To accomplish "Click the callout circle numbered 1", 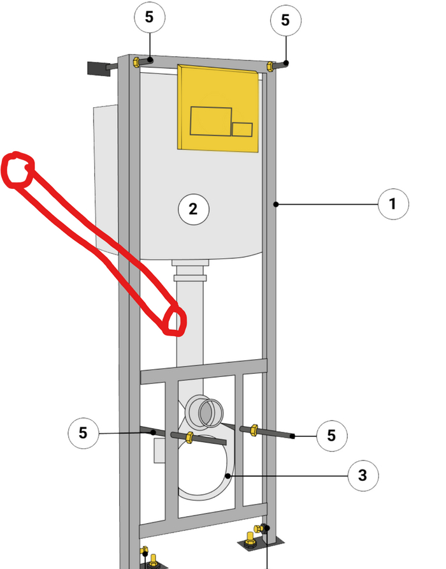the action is coord(393,204).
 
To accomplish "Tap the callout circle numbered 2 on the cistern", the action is coord(193,209).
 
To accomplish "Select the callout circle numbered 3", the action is coord(363,475).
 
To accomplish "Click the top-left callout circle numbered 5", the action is coord(149,17).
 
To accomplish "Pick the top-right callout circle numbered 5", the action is coord(285,20).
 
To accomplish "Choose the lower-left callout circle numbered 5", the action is coord(83,433).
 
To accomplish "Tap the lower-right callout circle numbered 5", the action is coord(331,436).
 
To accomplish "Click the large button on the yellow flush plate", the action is coord(211,121).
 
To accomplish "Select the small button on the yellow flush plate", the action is coord(242,129).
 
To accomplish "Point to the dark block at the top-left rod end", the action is coord(99,69).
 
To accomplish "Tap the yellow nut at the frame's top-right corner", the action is coord(270,67).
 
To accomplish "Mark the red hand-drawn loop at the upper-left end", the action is coord(18,170).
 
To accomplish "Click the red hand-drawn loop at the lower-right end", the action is coord(175,320).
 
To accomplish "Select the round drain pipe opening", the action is coord(211,413).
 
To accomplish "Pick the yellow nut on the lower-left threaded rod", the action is coord(189,437).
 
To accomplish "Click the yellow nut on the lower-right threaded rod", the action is coord(254,430).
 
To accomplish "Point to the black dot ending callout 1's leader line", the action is coord(276,205).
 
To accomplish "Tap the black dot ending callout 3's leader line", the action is coord(227,476).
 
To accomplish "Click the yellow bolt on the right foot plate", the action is coord(249,538).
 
